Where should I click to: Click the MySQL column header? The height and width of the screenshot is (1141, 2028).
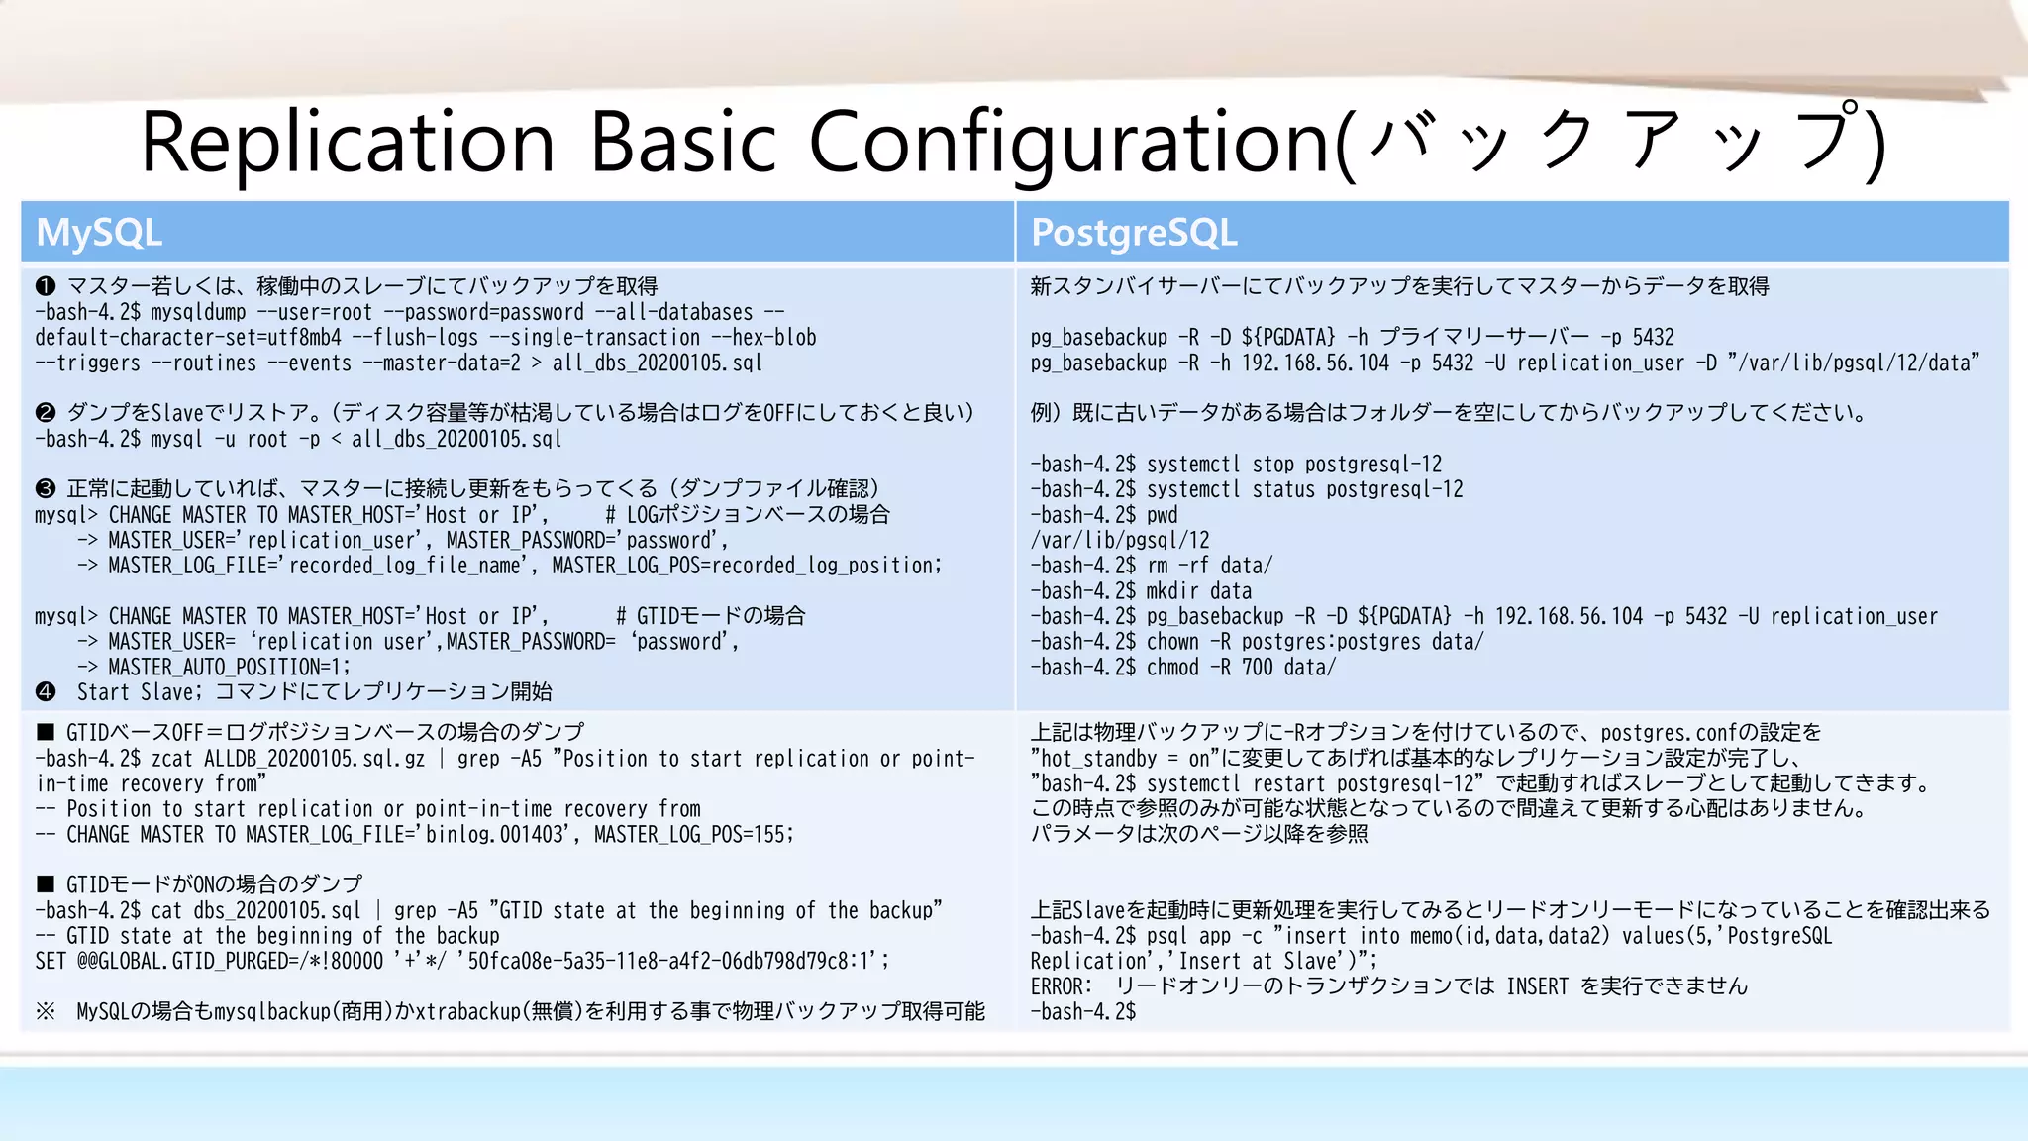pyautogui.click(x=99, y=234)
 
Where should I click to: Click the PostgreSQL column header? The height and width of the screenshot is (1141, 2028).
pyautogui.click(x=1134, y=234)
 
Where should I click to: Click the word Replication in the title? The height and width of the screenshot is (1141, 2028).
pyautogui.click(x=348, y=142)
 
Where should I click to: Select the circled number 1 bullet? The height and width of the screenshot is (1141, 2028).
pyautogui.click(x=46, y=287)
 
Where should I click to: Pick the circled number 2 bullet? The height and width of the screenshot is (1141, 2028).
pyautogui.click(x=46, y=413)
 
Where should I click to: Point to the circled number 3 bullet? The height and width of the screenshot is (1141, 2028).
pyautogui.click(x=46, y=489)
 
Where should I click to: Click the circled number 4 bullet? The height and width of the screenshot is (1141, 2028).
pyautogui.click(x=46, y=692)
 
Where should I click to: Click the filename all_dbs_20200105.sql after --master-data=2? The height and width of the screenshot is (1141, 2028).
pyautogui.click(x=657, y=363)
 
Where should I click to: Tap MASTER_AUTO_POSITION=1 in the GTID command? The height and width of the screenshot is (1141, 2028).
pyautogui.click(x=229, y=668)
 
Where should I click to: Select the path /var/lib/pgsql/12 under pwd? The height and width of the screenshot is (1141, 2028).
pyautogui.click(x=1119, y=541)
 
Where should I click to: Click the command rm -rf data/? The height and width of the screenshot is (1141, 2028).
pyautogui.click(x=1209, y=566)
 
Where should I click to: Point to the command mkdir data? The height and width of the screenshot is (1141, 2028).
pyautogui.click(x=1198, y=591)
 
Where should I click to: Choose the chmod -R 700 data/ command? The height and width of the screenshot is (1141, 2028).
pyautogui.click(x=1241, y=668)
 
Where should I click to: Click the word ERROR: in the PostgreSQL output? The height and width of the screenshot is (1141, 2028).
pyautogui.click(x=1061, y=986)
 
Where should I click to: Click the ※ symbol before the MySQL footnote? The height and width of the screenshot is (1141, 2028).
pyautogui.click(x=46, y=1011)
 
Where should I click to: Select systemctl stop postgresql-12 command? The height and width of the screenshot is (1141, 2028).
pyautogui.click(x=1293, y=465)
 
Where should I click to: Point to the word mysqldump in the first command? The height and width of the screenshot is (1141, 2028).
pyautogui.click(x=198, y=313)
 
